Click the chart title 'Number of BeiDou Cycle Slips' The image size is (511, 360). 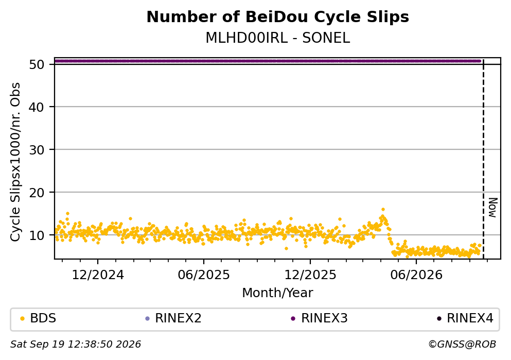pos(278,18)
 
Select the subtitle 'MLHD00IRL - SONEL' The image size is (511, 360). pos(278,38)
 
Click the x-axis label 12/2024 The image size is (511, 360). pos(98,275)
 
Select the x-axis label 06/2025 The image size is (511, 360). pos(204,275)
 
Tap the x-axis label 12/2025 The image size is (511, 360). pos(310,275)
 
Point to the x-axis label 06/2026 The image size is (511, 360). pos(416,275)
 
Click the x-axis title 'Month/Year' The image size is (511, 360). pos(278,293)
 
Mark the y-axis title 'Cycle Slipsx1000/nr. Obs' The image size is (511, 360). pos(15,162)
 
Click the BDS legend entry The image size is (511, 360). pos(38,318)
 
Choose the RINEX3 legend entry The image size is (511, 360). pos(320,318)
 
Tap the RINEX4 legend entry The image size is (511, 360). pos(465,318)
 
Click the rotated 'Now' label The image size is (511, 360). pos(493,208)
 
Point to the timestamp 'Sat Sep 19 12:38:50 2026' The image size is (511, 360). pos(76,345)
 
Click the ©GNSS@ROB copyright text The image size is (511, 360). pos(462,345)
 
